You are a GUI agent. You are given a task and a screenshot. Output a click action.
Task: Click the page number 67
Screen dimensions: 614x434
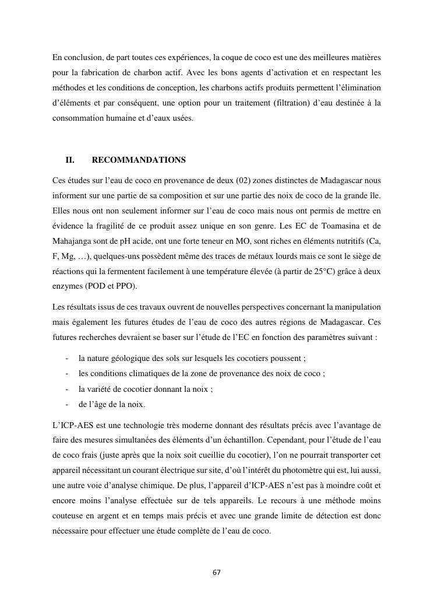tap(216, 572)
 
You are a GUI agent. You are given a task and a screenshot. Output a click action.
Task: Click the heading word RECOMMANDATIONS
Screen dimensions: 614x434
tap(139, 160)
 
